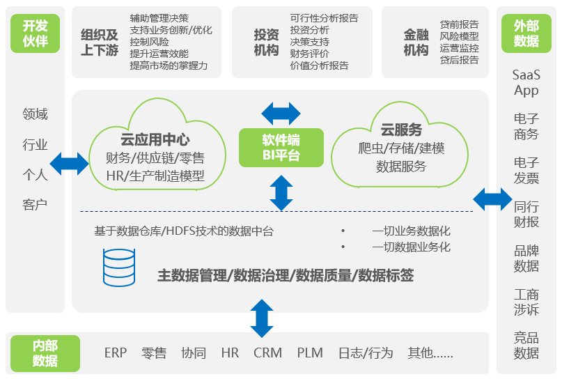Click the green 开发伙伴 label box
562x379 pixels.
tap(35, 33)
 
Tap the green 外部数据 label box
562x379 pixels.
tap(526, 33)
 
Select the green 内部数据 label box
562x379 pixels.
tap(45, 353)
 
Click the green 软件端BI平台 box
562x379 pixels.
tap(281, 147)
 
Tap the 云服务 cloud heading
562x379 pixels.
tap(400, 130)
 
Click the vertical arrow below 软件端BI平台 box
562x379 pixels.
tap(281, 192)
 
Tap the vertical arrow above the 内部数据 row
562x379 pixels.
tap(261, 318)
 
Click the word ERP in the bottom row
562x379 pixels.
tap(116, 353)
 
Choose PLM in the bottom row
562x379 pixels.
tap(310, 353)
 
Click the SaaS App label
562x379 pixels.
tap(526, 82)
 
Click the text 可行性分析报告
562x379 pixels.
tap(325, 18)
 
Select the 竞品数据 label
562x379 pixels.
tap(526, 345)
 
